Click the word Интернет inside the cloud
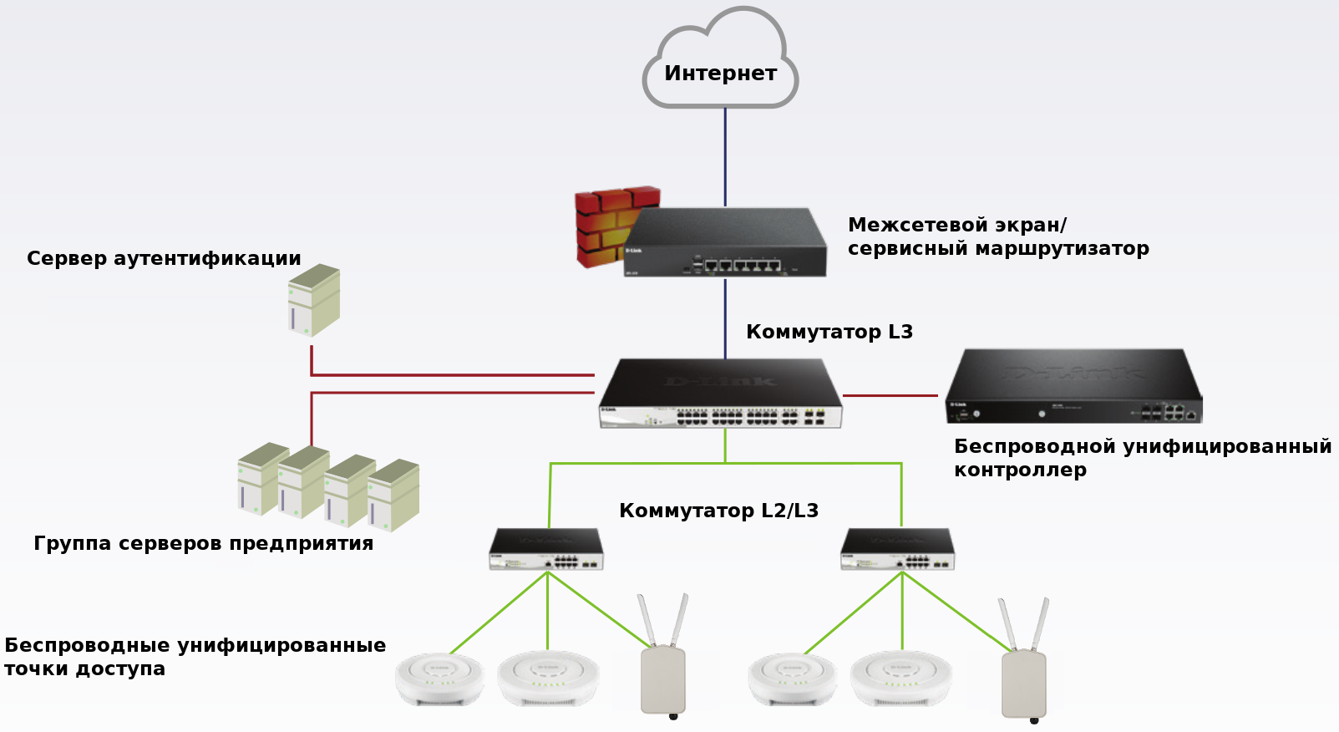[720, 74]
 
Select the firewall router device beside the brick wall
[724, 244]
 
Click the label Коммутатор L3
[829, 332]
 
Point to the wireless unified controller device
[1073, 387]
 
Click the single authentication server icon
[313, 300]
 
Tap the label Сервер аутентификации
[164, 258]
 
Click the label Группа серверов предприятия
[203, 543]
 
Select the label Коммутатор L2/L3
[718, 511]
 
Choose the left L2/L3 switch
[546, 549]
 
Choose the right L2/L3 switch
[897, 549]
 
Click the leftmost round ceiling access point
[439, 679]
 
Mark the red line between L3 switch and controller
[890, 395]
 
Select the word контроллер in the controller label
[1020, 470]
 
